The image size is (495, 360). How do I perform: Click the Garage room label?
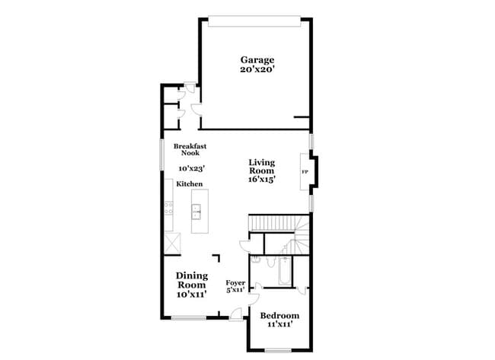(x=257, y=59)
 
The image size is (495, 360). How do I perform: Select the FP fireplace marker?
(x=305, y=172)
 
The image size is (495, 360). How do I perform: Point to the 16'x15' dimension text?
(x=261, y=180)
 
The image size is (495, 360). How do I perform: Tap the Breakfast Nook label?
(x=190, y=149)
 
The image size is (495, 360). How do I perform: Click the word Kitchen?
(x=190, y=185)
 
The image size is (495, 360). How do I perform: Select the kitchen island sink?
(x=196, y=211)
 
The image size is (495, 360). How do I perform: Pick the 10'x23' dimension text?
(x=191, y=168)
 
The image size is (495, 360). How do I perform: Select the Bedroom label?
(x=279, y=315)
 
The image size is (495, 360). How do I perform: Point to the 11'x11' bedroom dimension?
(x=279, y=325)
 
